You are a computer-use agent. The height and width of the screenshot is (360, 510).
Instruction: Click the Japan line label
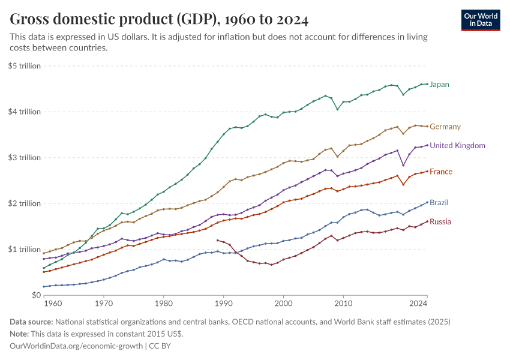[x=439, y=85]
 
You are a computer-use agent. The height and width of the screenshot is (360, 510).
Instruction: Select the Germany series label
[x=445, y=127]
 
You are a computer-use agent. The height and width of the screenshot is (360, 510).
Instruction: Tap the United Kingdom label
[x=457, y=145]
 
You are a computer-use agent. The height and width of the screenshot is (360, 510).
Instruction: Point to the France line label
[x=441, y=172]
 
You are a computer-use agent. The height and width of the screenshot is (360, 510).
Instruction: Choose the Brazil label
[x=439, y=203]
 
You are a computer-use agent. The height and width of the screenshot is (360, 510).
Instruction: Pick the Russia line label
[x=440, y=222]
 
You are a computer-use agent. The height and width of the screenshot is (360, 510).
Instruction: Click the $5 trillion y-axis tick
[x=25, y=66]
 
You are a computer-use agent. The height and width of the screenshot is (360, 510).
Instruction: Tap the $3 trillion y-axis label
[x=25, y=158]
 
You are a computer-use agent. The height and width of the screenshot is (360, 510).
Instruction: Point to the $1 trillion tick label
[x=25, y=249]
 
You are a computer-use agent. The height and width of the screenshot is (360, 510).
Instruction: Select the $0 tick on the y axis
[x=35, y=295]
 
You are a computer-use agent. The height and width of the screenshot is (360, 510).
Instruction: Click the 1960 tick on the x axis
[x=53, y=305]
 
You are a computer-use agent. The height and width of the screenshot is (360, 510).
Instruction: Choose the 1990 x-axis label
[x=224, y=305]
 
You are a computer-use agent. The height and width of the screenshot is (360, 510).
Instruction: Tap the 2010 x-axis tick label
[x=343, y=305]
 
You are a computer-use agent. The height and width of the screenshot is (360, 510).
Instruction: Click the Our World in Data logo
[x=480, y=20]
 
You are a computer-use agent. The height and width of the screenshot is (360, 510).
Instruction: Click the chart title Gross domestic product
[x=159, y=20]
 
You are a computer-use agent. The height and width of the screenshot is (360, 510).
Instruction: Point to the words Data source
[x=31, y=322]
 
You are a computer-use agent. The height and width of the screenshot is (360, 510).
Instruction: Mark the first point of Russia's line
[x=217, y=240]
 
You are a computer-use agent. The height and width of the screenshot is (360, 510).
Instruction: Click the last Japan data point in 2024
[x=427, y=84]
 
